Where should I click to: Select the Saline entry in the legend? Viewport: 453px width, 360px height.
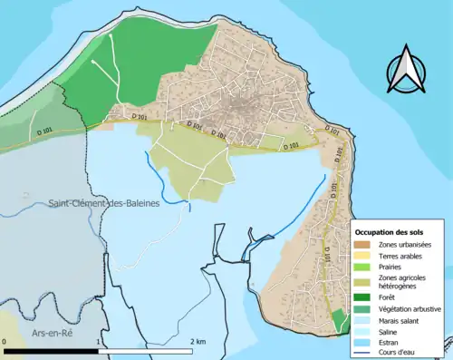coord(390,336)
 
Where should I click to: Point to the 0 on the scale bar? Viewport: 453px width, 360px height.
coord(5,342)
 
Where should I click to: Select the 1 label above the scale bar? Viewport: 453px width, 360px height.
coord(98,342)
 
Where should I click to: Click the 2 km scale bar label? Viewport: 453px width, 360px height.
coord(198,342)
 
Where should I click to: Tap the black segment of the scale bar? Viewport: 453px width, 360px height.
coord(51,351)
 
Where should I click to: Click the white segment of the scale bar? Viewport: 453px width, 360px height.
coord(145,351)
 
